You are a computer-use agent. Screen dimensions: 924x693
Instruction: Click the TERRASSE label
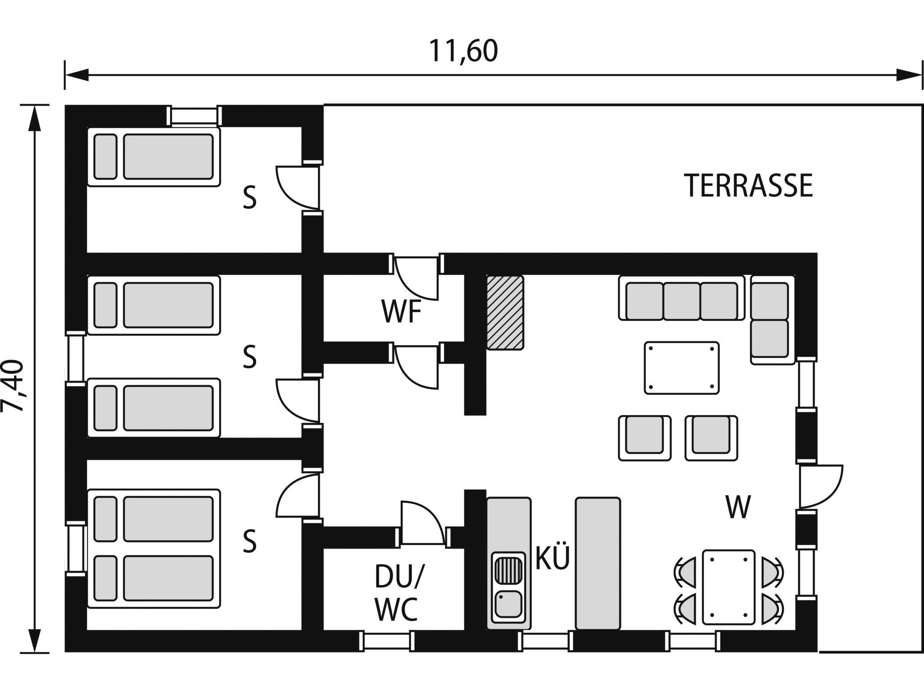[x=749, y=185]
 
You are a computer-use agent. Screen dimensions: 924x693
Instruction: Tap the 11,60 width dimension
[x=463, y=51]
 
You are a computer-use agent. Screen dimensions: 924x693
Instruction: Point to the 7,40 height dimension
[x=13, y=386]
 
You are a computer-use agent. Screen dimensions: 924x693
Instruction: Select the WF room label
[x=402, y=312]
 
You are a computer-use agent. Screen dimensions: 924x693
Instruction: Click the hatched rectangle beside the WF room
[x=505, y=312]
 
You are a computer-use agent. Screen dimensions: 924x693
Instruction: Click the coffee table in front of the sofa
[x=682, y=368]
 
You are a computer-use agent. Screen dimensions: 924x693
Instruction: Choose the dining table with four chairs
[x=729, y=587]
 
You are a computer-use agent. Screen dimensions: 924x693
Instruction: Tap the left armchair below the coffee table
[x=645, y=438]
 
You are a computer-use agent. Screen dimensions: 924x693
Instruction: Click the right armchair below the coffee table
[x=711, y=438]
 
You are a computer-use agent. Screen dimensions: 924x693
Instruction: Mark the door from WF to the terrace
[x=416, y=278]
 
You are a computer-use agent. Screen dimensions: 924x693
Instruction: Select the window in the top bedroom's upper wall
[x=194, y=115]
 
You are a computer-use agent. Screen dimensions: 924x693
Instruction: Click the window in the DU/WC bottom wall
[x=388, y=641]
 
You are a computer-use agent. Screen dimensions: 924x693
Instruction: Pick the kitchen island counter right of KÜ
[x=598, y=563]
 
